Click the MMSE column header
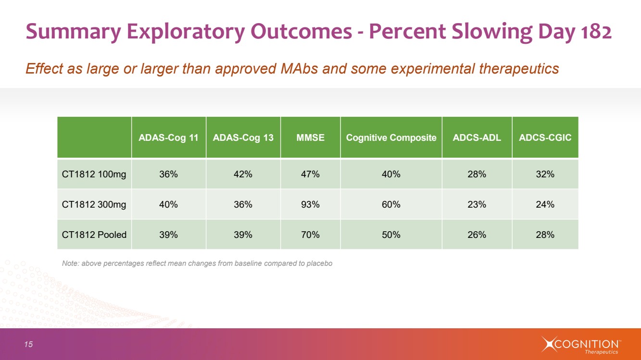tap(310, 137)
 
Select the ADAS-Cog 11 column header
tap(168, 137)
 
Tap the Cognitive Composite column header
tap(391, 137)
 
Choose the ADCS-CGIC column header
tap(545, 137)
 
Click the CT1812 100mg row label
tap(94, 174)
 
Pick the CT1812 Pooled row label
tap(94, 235)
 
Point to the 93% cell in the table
tap(310, 204)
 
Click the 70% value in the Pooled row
tap(310, 235)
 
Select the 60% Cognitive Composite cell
tap(391, 204)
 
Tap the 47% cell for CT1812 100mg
tap(310, 174)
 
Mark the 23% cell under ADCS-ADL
tap(477, 204)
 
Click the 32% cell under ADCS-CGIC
tap(545, 174)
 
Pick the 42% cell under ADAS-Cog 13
tap(243, 174)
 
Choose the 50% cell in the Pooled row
tap(391, 235)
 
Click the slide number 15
tap(29, 344)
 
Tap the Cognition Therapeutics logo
tap(581, 345)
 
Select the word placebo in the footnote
tap(319, 263)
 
